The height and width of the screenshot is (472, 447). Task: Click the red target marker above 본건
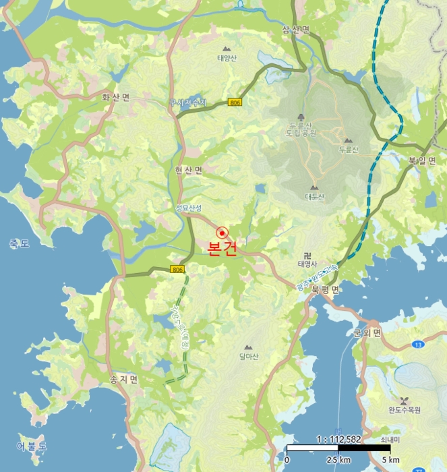221,231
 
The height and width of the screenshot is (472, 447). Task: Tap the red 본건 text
222,248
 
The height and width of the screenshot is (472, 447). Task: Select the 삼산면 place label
296,30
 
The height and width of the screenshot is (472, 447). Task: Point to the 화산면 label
115,97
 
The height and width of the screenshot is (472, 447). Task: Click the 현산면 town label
189,171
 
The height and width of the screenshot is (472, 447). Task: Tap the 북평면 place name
326,288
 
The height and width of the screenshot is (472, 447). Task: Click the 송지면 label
123,380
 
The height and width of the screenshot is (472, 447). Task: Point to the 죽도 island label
20,243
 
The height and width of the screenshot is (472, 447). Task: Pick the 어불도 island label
32,446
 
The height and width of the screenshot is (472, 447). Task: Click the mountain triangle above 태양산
227,49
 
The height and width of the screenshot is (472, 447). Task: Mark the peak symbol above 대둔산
314,187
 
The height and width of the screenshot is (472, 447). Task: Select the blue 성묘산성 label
189,208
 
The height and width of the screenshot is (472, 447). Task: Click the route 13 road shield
418,345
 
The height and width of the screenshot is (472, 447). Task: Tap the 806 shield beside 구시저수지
235,102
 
